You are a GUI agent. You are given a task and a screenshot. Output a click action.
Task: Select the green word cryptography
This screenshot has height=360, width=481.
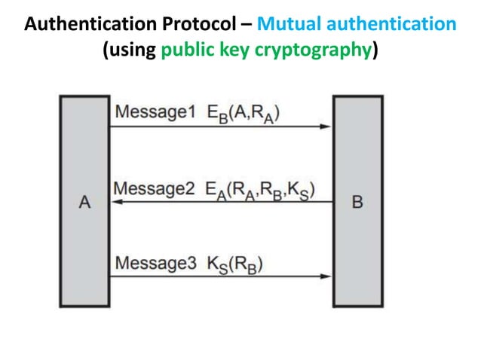pos(307,51)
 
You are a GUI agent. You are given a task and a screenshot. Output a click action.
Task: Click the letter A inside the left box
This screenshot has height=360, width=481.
pos(85,202)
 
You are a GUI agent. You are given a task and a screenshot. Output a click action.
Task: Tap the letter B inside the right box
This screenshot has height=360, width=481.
pos(358,202)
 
